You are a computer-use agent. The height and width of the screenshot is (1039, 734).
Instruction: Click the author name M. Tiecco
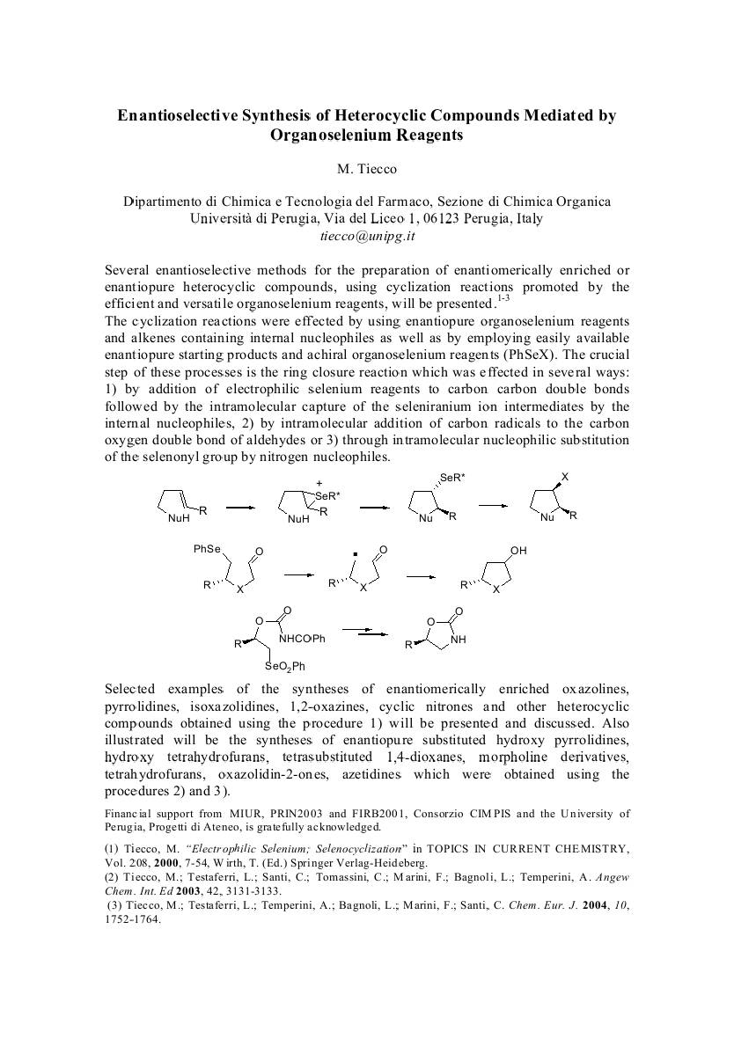click(x=366, y=168)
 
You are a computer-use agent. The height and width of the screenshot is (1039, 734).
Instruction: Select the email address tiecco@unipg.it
click(x=366, y=236)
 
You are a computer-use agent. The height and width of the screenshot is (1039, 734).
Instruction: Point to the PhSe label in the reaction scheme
click(x=207, y=550)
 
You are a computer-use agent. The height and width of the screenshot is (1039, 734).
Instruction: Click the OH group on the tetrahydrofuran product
click(x=518, y=551)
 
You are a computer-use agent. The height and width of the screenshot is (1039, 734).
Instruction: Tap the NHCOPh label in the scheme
click(x=302, y=639)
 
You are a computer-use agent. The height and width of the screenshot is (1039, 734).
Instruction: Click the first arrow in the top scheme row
click(x=239, y=508)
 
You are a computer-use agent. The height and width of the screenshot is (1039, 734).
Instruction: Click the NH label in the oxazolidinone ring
click(x=458, y=640)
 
